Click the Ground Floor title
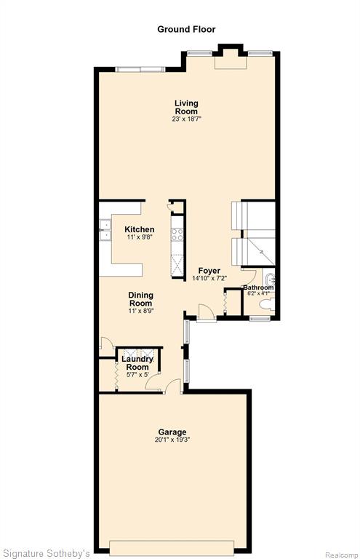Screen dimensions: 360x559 186,29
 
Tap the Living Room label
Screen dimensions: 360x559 186,107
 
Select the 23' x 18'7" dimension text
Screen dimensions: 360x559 186,119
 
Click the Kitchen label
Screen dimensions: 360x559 139,229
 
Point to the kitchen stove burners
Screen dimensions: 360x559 177,235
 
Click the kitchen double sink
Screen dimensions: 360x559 105,230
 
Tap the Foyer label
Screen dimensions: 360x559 209,271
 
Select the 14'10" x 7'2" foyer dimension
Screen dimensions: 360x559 209,279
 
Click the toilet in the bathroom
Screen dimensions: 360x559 267,304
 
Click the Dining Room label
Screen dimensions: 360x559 140,299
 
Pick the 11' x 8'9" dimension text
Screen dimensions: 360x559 141,311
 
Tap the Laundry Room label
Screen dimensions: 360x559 137,363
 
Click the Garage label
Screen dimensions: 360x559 172,432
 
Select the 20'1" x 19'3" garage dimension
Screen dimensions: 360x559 172,440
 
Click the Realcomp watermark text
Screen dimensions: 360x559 341,555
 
